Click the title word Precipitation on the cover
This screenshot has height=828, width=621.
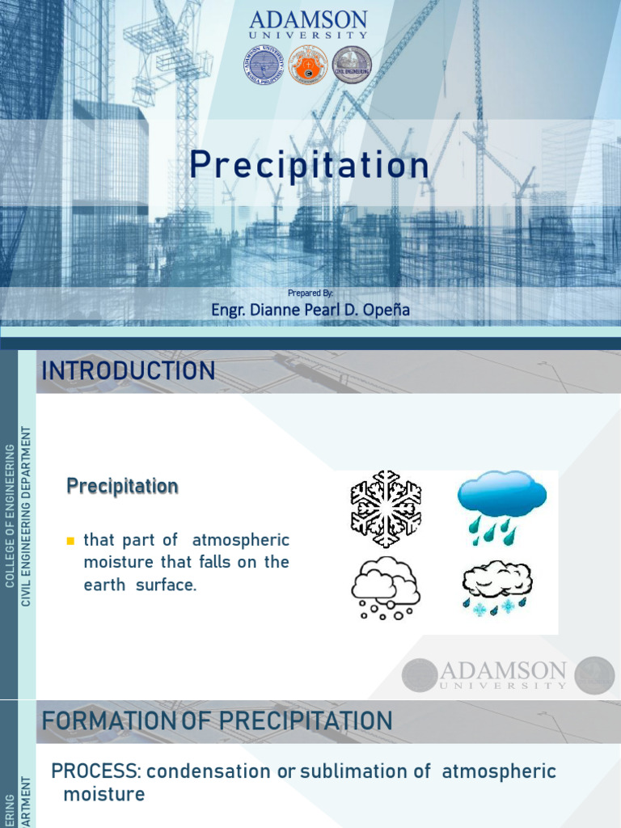(310, 167)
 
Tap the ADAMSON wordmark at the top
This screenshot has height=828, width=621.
(309, 20)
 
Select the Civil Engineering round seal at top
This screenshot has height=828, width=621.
(353, 65)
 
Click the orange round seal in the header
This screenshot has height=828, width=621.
(308, 65)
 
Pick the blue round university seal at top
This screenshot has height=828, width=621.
(264, 65)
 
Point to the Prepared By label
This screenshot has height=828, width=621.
(310, 293)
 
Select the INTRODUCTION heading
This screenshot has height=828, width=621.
(129, 371)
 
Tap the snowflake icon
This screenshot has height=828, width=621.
(386, 509)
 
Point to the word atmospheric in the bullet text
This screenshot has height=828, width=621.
(241, 540)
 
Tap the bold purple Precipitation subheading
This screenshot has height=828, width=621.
(122, 487)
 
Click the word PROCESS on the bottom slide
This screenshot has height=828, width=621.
(91, 771)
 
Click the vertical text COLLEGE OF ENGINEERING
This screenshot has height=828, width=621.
(10, 515)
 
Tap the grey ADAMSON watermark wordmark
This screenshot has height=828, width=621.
(502, 670)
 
